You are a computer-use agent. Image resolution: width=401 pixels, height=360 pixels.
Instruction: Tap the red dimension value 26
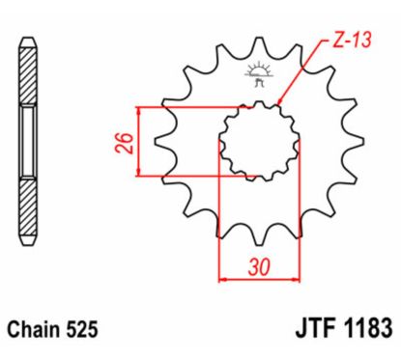[x=122, y=142]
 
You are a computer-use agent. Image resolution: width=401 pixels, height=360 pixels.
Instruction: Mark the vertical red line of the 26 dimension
[x=141, y=142]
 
